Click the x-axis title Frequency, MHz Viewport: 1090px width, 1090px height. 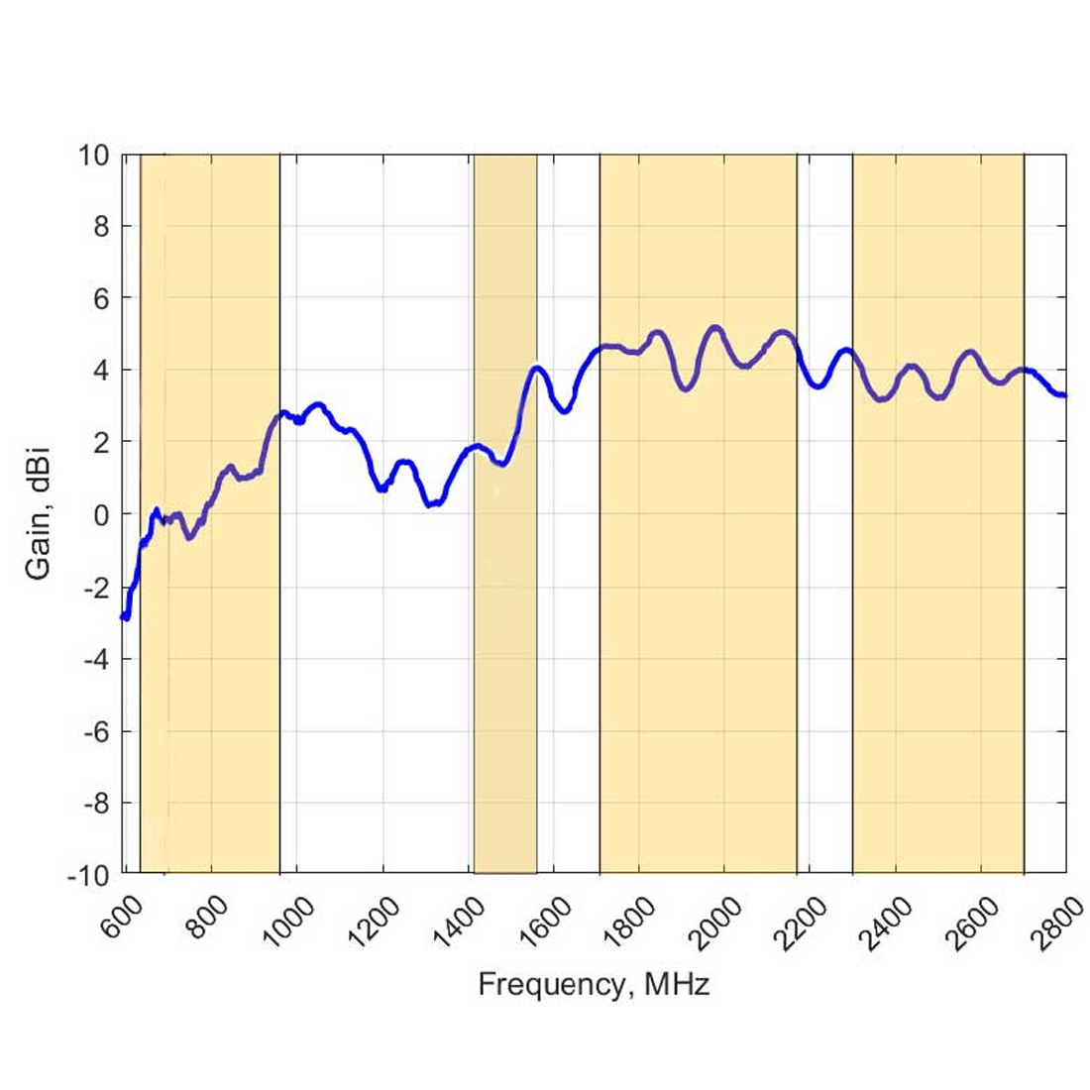tap(594, 985)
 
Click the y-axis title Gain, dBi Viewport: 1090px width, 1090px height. tap(39, 514)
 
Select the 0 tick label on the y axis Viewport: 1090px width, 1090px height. tap(100, 515)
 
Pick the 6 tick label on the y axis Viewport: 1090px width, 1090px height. tap(100, 299)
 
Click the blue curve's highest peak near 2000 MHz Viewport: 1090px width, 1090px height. tap(714, 327)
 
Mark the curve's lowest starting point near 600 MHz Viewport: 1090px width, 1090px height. tap(126, 617)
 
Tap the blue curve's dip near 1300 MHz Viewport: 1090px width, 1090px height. tap(430, 504)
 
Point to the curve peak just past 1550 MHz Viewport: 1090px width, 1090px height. tap(538, 369)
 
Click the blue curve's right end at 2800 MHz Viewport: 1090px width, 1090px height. tap(1064, 395)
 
